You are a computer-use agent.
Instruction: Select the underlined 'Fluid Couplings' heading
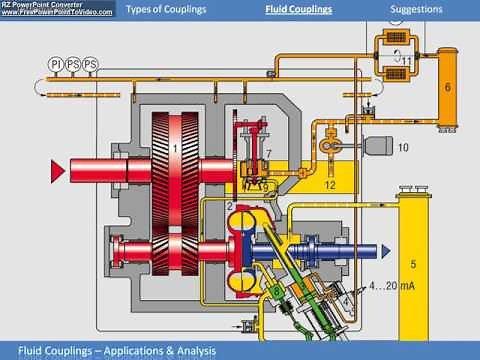coord(298,10)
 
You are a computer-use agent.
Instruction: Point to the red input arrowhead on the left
coord(57,170)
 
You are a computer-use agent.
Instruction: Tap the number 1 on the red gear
coord(175,148)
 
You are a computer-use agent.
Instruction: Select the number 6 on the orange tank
coord(447,87)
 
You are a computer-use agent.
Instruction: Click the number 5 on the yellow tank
coord(412,264)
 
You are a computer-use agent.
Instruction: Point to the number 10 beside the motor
coord(403,147)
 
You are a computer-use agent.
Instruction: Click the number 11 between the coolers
coord(407,60)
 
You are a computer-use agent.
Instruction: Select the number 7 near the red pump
coord(269,151)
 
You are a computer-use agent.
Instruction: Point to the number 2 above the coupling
coord(229,205)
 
